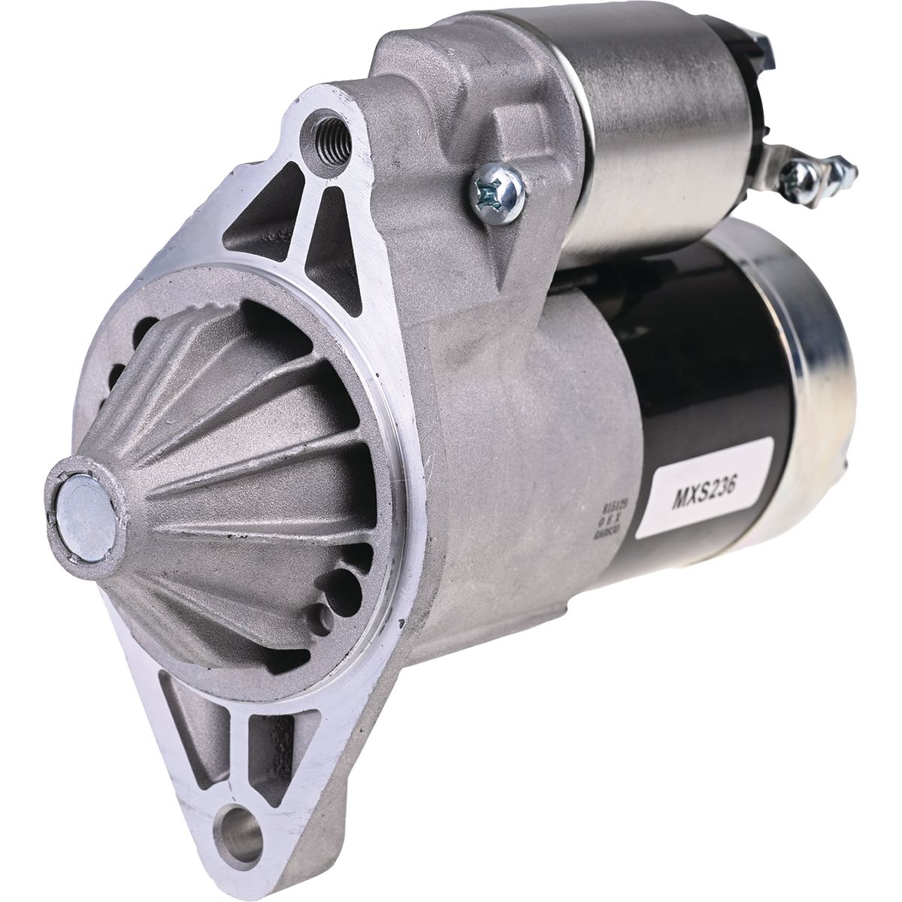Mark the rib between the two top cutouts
coord(301,218)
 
